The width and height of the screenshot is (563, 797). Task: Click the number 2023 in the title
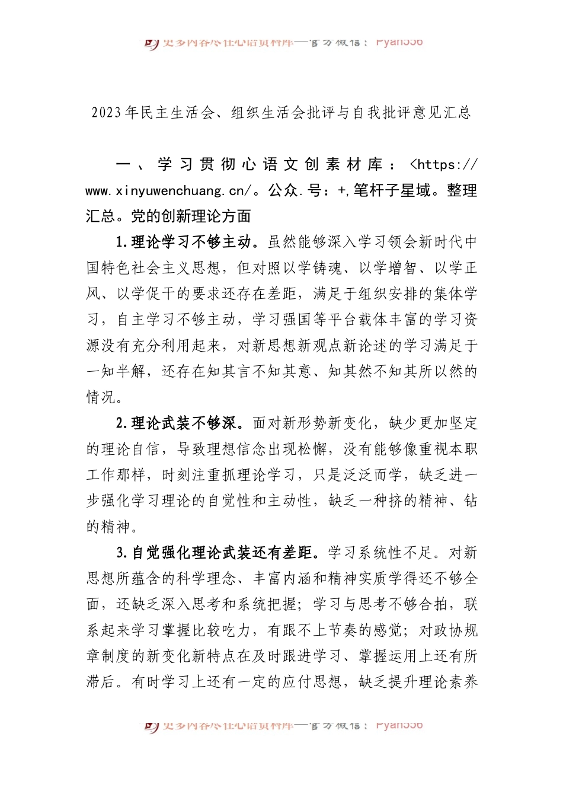[107, 113]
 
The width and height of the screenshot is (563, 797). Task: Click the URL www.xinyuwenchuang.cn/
[168, 191]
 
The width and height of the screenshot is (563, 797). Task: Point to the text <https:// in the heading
[443, 165]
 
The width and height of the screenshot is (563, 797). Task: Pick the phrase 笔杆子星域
[392, 191]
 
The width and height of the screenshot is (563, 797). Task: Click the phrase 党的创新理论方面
[191, 216]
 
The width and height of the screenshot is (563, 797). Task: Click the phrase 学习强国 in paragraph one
[282, 320]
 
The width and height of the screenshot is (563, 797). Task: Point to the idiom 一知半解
[116, 372]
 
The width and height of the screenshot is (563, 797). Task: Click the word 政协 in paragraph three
[449, 630]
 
